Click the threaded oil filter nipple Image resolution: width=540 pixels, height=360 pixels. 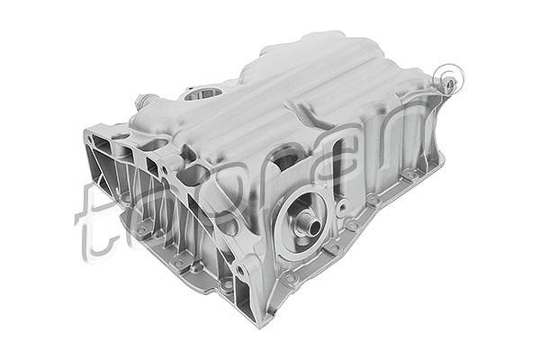tap(310, 223)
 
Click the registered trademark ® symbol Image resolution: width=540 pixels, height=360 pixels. tap(447, 79)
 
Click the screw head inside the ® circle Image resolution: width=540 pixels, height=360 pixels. tap(450, 85)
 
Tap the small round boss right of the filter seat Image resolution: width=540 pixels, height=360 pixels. tap(342, 206)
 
